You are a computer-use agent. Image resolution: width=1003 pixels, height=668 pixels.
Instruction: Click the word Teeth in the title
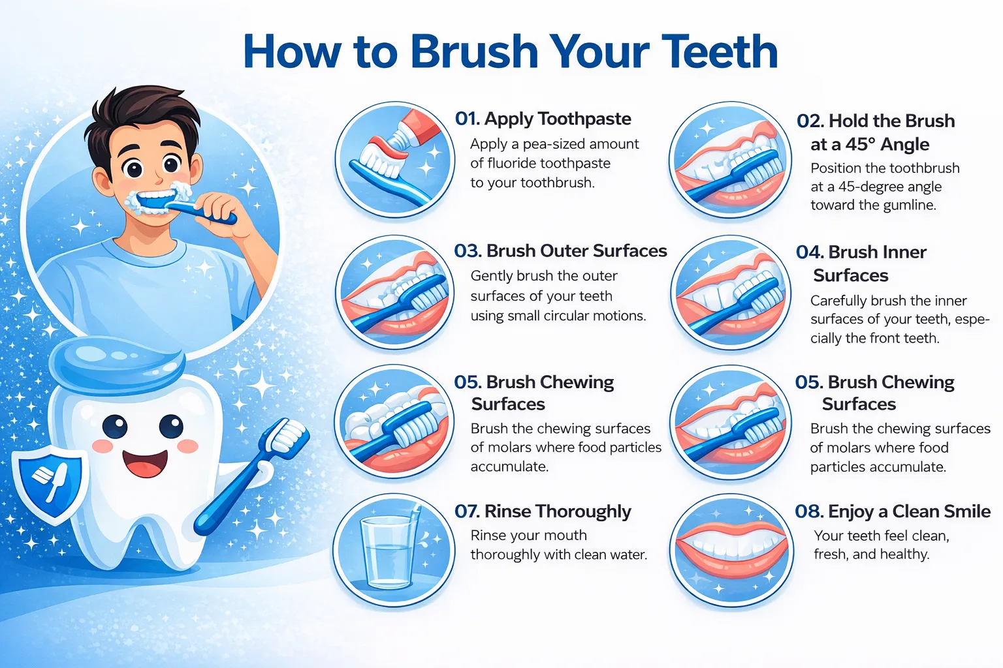click(x=720, y=52)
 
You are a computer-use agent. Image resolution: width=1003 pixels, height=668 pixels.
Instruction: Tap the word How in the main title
click(x=292, y=52)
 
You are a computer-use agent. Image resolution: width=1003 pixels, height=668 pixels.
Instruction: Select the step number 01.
click(x=467, y=119)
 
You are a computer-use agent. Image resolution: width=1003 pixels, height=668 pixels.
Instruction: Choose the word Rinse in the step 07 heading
click(x=507, y=511)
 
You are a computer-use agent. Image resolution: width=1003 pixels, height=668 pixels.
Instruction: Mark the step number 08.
click(x=809, y=512)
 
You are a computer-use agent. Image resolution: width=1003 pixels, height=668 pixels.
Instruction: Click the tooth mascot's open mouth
click(x=145, y=464)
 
